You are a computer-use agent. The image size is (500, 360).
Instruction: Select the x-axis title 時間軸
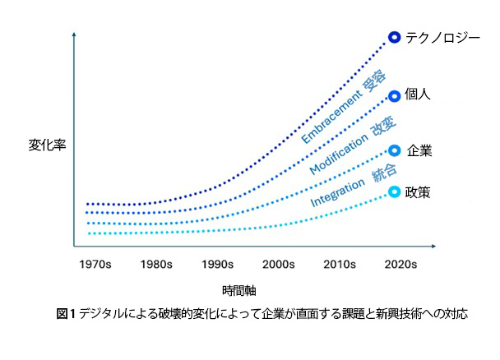tap(239, 291)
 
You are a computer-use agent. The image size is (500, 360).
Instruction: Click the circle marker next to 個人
tap(394, 95)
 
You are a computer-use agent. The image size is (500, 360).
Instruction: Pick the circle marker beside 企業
tap(394, 150)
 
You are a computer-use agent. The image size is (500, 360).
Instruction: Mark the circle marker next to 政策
tap(394, 192)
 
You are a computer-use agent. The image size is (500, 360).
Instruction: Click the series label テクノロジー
tap(442, 37)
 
